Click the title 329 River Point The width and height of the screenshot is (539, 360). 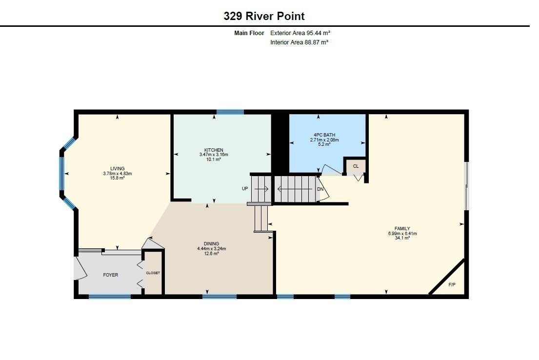pyautogui.click(x=264, y=16)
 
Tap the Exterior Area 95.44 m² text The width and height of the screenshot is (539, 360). pyautogui.click(x=300, y=33)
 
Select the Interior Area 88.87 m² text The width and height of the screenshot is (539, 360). pyautogui.click(x=299, y=42)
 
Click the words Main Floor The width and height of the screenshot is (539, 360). pyautogui.click(x=249, y=33)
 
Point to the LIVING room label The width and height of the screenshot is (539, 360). pyautogui.click(x=118, y=168)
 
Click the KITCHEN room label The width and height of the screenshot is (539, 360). pyautogui.click(x=214, y=150)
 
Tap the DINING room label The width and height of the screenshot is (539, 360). pyautogui.click(x=211, y=244)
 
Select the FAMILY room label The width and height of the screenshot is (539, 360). pyautogui.click(x=402, y=229)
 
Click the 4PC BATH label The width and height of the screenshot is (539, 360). pyautogui.click(x=324, y=135)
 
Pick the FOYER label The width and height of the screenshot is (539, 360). pyautogui.click(x=111, y=275)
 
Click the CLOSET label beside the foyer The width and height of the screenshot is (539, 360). pyautogui.click(x=153, y=273)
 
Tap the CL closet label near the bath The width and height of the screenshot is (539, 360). pyautogui.click(x=356, y=166)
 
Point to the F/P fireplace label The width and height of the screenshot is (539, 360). pyautogui.click(x=452, y=285)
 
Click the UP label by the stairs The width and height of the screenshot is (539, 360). pyautogui.click(x=245, y=189)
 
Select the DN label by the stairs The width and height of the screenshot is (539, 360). pyautogui.click(x=320, y=189)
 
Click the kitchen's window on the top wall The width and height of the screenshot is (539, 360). pyautogui.click(x=230, y=112)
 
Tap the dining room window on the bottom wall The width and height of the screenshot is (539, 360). pyautogui.click(x=220, y=297)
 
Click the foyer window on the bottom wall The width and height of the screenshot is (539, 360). pyautogui.click(x=110, y=297)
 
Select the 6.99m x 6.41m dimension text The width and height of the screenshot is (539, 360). pyautogui.click(x=402, y=234)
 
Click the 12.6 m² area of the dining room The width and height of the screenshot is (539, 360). pyautogui.click(x=212, y=254)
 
